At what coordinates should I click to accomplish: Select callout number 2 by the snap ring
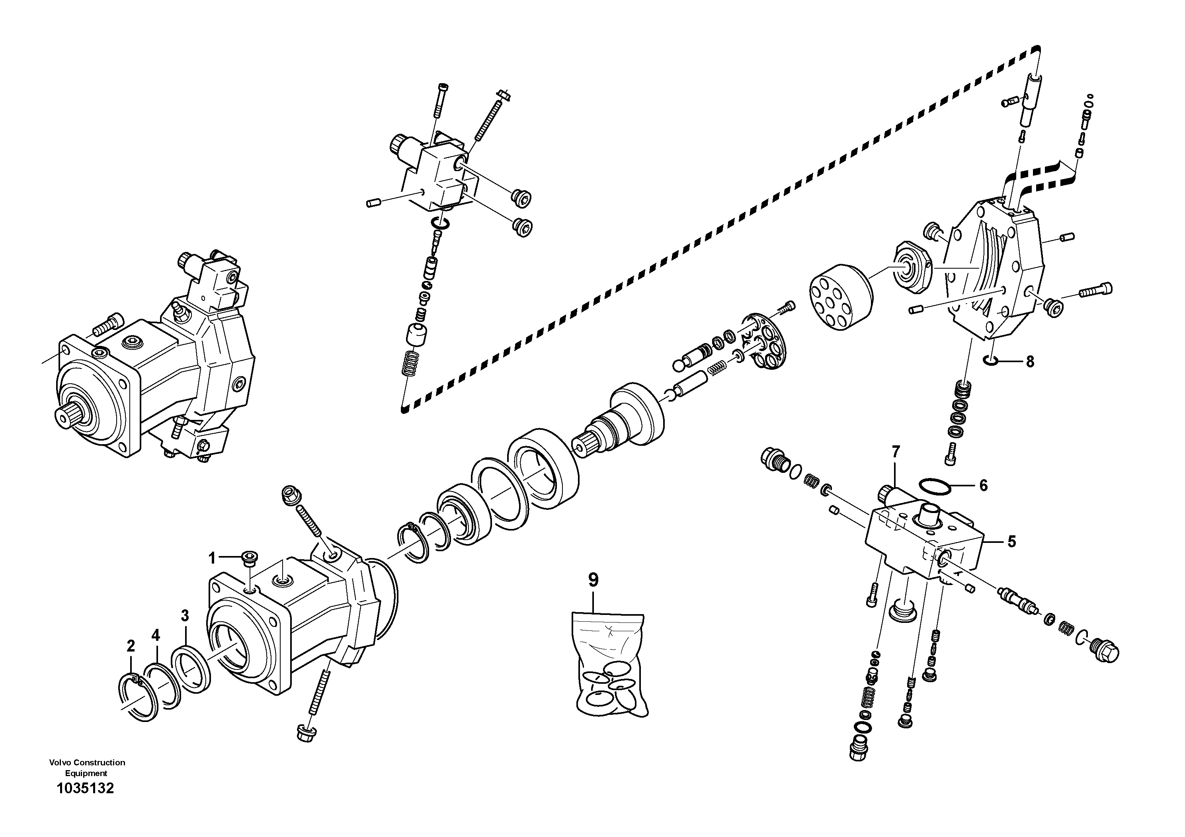tap(131, 646)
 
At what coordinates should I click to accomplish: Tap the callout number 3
tap(185, 616)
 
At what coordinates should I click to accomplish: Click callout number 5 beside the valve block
tap(1011, 542)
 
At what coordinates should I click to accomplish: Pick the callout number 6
tap(983, 485)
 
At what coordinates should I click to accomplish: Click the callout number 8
tap(1030, 362)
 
